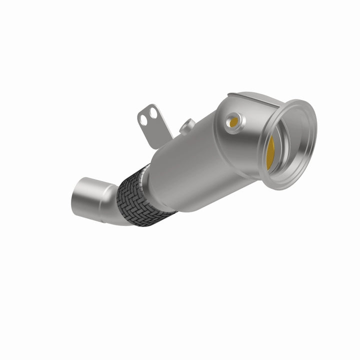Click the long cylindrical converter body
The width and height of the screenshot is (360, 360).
click(200, 160)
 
